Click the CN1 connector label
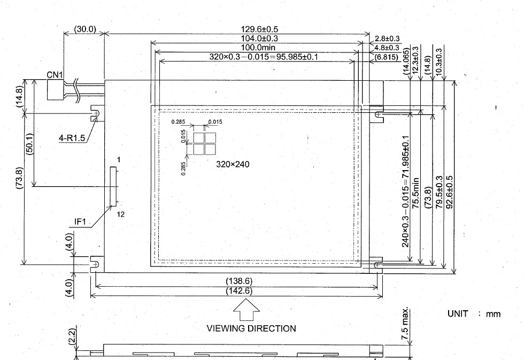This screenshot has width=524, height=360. [x=55, y=75]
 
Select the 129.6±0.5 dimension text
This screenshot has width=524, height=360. [x=259, y=29]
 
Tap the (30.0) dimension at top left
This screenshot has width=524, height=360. [x=85, y=29]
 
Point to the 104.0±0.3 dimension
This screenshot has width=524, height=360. [x=259, y=39]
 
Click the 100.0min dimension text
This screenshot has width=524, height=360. [x=258, y=48]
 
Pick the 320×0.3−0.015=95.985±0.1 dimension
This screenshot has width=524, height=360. [x=264, y=57]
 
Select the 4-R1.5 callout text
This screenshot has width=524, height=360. [x=72, y=137]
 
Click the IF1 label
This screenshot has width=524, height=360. [x=80, y=221]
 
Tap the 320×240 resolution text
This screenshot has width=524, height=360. [x=233, y=164]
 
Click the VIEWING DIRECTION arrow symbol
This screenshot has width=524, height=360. [x=246, y=310]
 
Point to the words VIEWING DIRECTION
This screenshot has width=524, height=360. [x=251, y=328]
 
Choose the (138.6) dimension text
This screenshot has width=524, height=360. [x=239, y=281]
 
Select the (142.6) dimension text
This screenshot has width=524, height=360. [x=239, y=291]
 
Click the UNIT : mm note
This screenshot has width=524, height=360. [x=474, y=314]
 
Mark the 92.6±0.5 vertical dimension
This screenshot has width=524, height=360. [x=450, y=192]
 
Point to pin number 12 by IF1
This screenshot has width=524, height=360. [x=121, y=215]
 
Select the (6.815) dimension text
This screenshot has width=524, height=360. [x=386, y=57]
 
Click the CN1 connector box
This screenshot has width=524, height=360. [x=55, y=90]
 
